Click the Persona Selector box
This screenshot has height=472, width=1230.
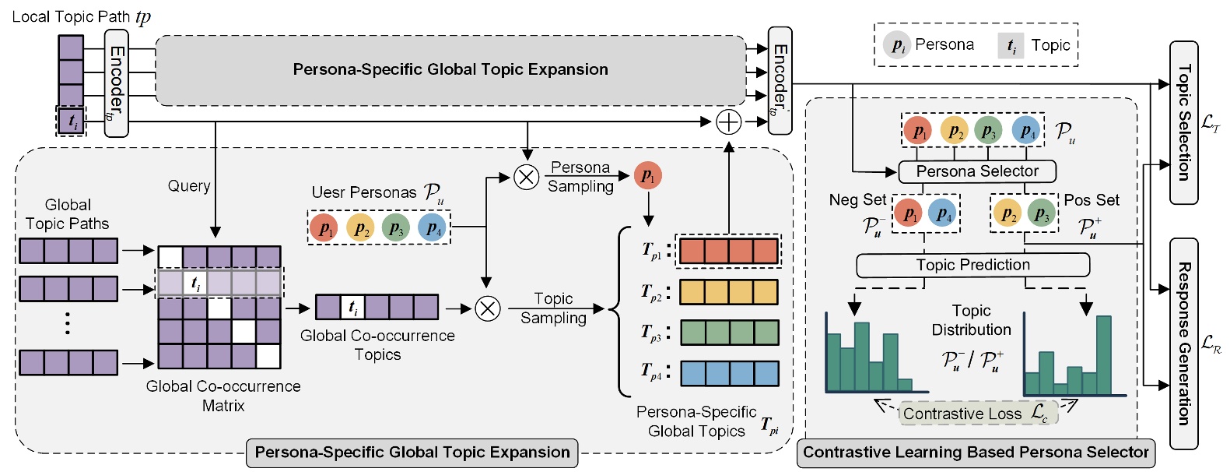[x=977, y=171]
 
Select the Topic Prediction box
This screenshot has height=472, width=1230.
[x=972, y=266]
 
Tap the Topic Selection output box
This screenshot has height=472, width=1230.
[x=1183, y=123]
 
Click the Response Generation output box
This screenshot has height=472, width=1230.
[x=1183, y=343]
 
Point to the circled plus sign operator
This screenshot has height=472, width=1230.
[x=728, y=122]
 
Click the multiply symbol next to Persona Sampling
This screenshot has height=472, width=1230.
[x=527, y=178]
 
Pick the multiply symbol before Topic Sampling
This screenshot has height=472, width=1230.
[x=488, y=309]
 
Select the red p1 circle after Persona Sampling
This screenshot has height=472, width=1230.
[x=647, y=177]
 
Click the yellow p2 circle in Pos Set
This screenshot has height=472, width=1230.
[x=1007, y=213]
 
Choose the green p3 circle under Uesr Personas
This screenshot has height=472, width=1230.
[x=396, y=228]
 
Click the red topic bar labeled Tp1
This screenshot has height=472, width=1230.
[x=728, y=251]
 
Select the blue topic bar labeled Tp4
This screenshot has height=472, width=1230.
[x=729, y=373]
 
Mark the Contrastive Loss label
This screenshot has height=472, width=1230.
[x=977, y=414]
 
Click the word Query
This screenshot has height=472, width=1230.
[x=189, y=185]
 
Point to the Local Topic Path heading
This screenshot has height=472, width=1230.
[x=81, y=16]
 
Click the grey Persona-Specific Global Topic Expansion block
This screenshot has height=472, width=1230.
[x=450, y=70]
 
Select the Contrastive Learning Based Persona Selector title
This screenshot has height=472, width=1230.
[x=976, y=453]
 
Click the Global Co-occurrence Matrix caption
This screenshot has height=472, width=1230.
[x=223, y=396]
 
